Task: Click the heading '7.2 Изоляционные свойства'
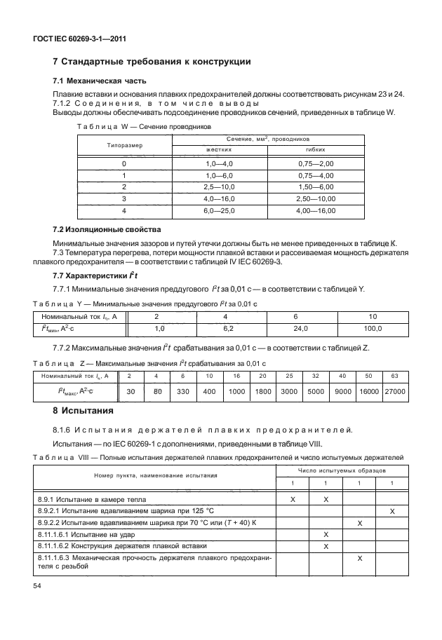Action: click(102, 230)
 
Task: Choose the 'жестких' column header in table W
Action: click(218, 150)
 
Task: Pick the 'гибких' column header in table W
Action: click(315, 150)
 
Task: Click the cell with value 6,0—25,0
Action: click(218, 210)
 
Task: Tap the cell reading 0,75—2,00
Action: click(315, 163)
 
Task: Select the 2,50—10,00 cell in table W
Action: click(315, 198)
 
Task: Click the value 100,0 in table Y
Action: click(373, 328)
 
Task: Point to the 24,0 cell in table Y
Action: click(301, 328)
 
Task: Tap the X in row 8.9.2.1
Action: click(391, 510)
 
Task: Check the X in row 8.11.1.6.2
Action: click(326, 545)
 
